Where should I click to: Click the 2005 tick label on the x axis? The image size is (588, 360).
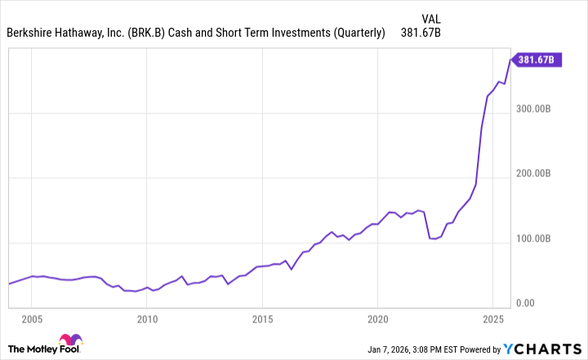coord(32,318)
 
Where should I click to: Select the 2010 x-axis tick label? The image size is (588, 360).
coord(147,318)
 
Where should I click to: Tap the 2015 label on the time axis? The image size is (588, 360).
coord(262,318)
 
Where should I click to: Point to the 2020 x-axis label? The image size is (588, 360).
coord(377,318)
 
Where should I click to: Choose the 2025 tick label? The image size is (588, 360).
coord(492,318)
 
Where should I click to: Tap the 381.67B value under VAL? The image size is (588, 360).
coord(421,33)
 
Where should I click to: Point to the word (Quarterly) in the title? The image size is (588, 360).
coord(354,33)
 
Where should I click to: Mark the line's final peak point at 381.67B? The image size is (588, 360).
coord(511,59)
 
